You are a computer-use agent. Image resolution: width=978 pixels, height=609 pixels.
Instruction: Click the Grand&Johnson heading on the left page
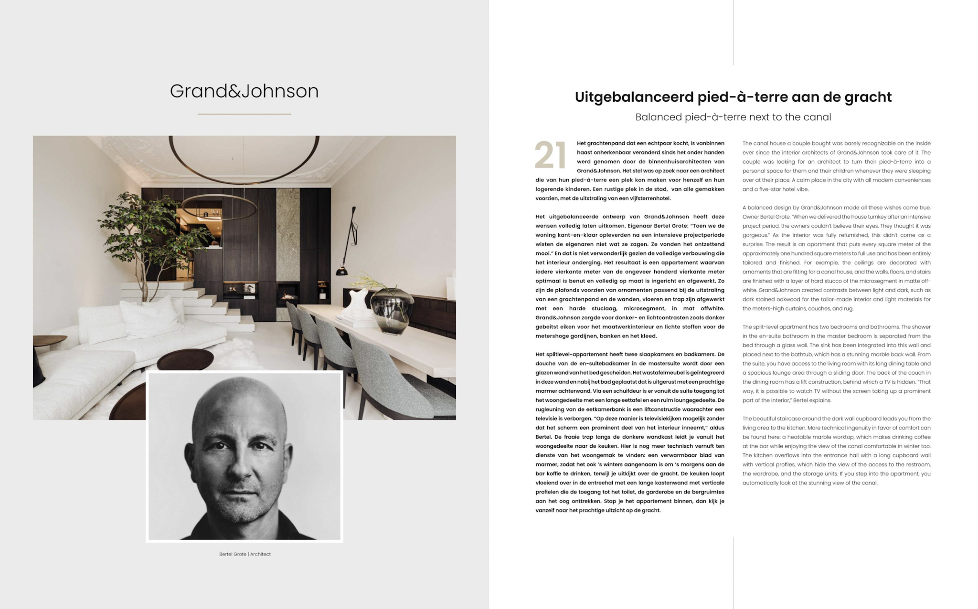244,91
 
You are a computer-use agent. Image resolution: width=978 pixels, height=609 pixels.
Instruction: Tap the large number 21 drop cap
550,155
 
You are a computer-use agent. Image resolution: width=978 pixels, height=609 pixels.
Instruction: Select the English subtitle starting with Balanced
733,117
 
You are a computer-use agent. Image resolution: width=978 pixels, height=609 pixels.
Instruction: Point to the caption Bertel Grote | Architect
244,554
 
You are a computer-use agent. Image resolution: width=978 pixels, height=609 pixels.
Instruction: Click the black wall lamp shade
341,271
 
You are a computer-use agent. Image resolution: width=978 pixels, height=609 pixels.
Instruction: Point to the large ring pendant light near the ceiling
244,153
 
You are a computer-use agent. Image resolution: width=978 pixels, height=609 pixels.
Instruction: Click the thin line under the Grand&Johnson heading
244,114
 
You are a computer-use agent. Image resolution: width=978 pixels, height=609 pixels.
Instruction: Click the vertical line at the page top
733,32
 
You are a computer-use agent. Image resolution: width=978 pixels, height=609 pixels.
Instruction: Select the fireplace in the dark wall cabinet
288,292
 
